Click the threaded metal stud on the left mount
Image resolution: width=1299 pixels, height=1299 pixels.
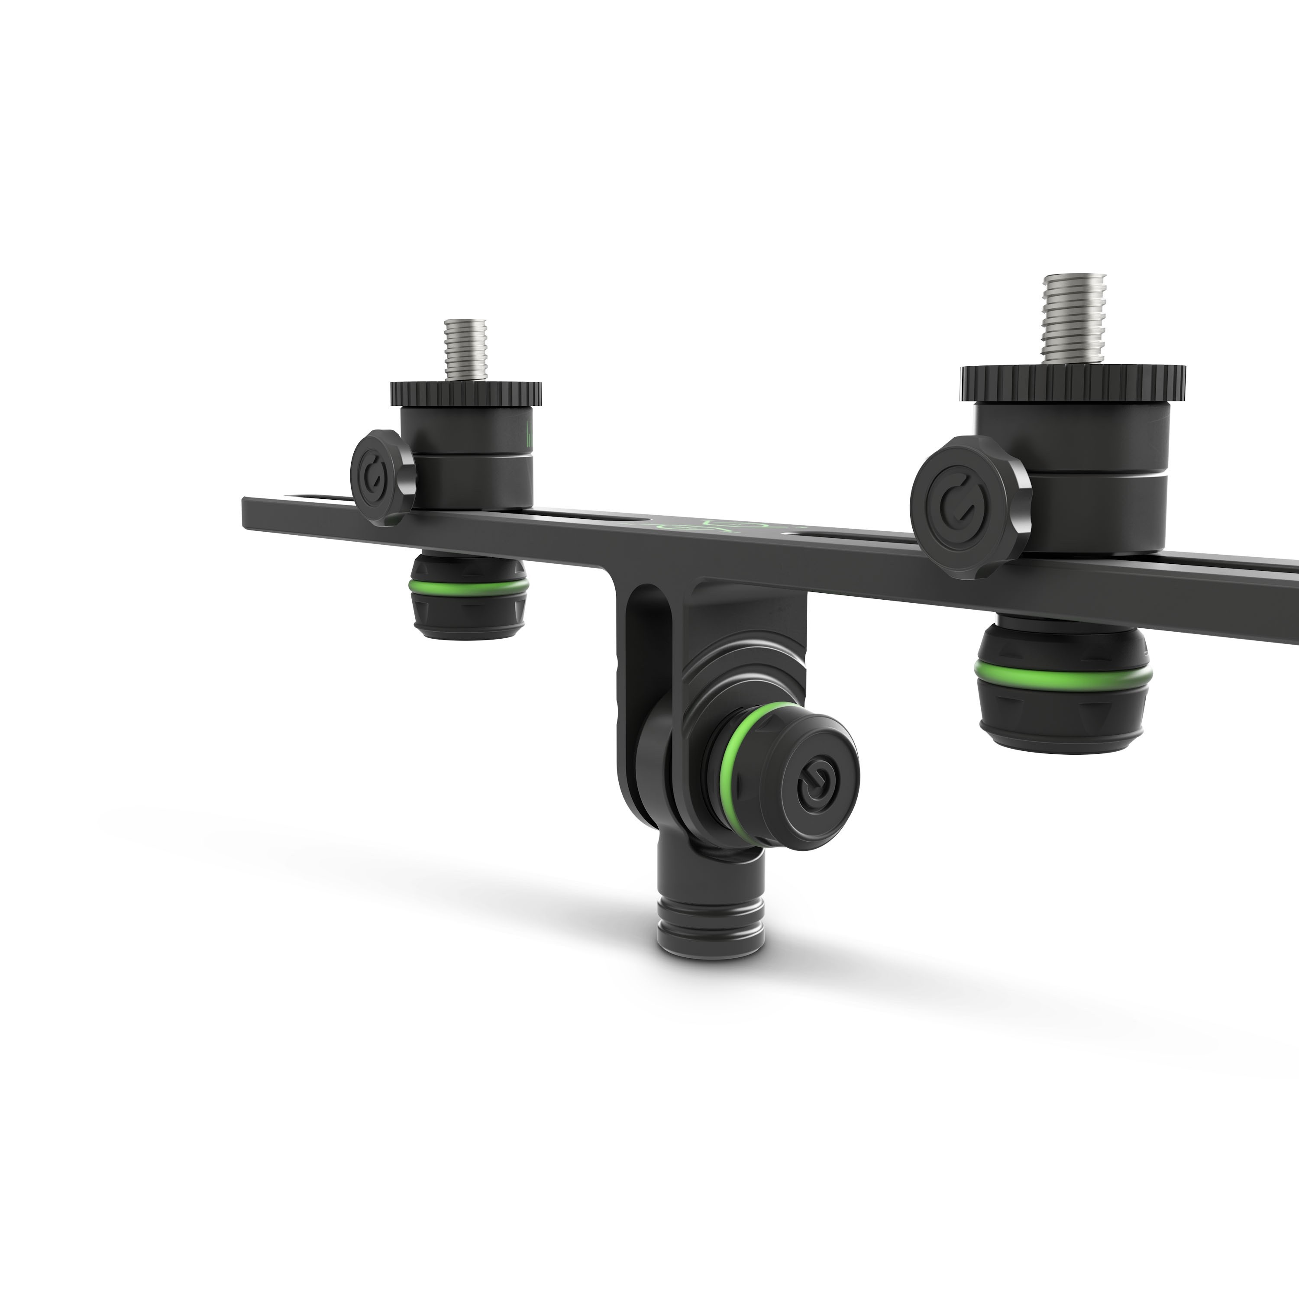tap(466, 348)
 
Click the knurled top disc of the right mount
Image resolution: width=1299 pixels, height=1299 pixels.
tap(1073, 381)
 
